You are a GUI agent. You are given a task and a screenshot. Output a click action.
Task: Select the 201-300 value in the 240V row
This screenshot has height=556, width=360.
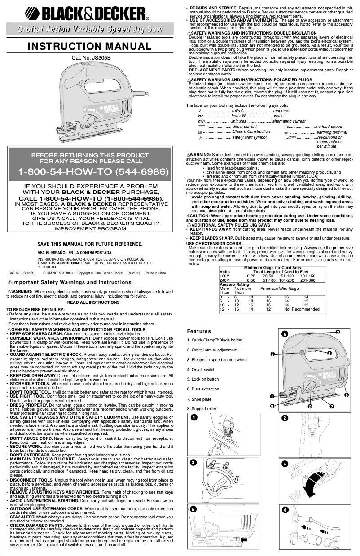pyautogui.click(x=307, y=280)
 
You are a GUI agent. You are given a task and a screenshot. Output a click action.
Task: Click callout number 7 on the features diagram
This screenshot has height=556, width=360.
pyautogui.click(x=331, y=406)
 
